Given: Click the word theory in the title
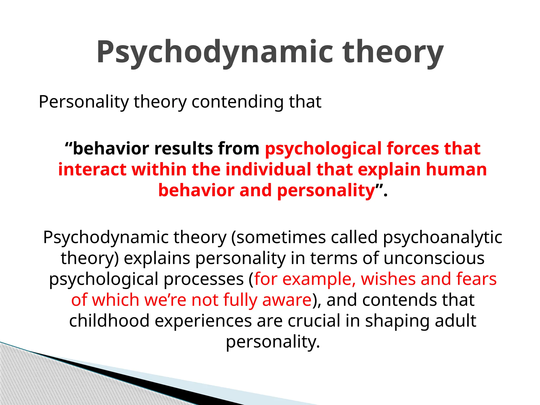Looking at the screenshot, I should pos(393,52).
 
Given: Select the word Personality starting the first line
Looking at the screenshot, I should pos(84,102).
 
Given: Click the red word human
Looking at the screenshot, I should pos(456,169).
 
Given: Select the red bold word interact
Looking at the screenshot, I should pos(92,169).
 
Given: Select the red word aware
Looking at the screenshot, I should pos(287,300).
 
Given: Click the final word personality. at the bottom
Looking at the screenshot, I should pos(273,342).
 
